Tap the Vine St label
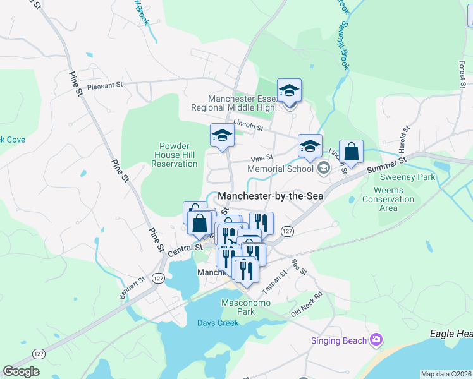coord(262,157)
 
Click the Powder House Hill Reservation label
coord(175,155)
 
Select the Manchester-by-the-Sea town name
coord(271,196)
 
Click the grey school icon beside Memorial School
coord(324,167)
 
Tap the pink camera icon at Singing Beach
coord(376,340)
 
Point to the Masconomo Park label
coord(246,307)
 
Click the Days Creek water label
coord(218,323)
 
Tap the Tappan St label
coord(274,279)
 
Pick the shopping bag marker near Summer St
coord(351,152)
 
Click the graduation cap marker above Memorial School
coord(310,147)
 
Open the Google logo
coord(21,371)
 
